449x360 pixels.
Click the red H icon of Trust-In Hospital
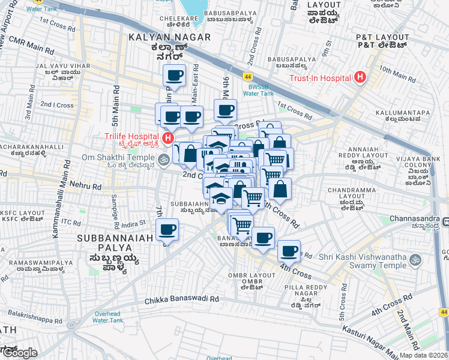click(x=360, y=77)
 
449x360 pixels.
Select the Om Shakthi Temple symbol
click(x=164, y=159)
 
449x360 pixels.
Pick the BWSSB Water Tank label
click(x=258, y=89)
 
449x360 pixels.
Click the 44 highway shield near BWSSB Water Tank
click(x=247, y=77)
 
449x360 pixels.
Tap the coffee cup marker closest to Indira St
click(x=167, y=229)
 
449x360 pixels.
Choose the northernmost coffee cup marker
click(x=175, y=76)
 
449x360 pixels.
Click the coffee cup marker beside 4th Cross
click(x=289, y=250)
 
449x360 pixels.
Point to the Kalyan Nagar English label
click(x=170, y=37)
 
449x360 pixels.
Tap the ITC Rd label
click(x=71, y=223)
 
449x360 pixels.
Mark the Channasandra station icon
click(x=445, y=223)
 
